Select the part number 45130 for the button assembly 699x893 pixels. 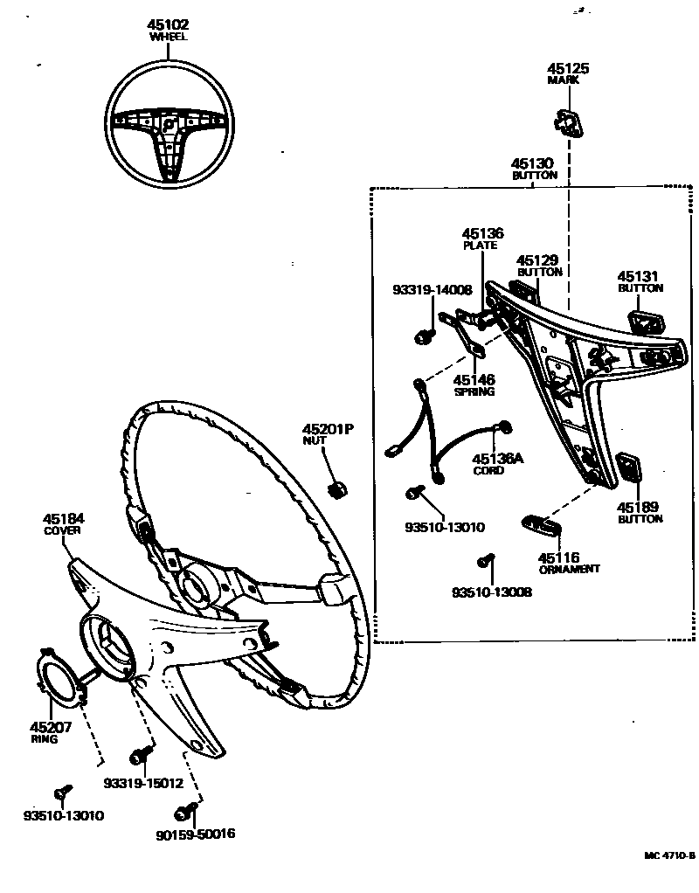coord(533,163)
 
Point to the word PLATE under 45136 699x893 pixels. coord(480,246)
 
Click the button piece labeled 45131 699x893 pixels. coord(643,322)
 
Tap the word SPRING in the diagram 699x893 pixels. coord(474,392)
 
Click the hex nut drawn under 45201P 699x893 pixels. coord(334,489)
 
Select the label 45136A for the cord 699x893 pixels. coord(498,459)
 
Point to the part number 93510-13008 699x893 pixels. coord(491,592)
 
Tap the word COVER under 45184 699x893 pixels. coord(64,530)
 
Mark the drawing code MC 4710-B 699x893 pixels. coord(670,856)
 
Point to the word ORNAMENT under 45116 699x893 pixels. coord(570,569)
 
